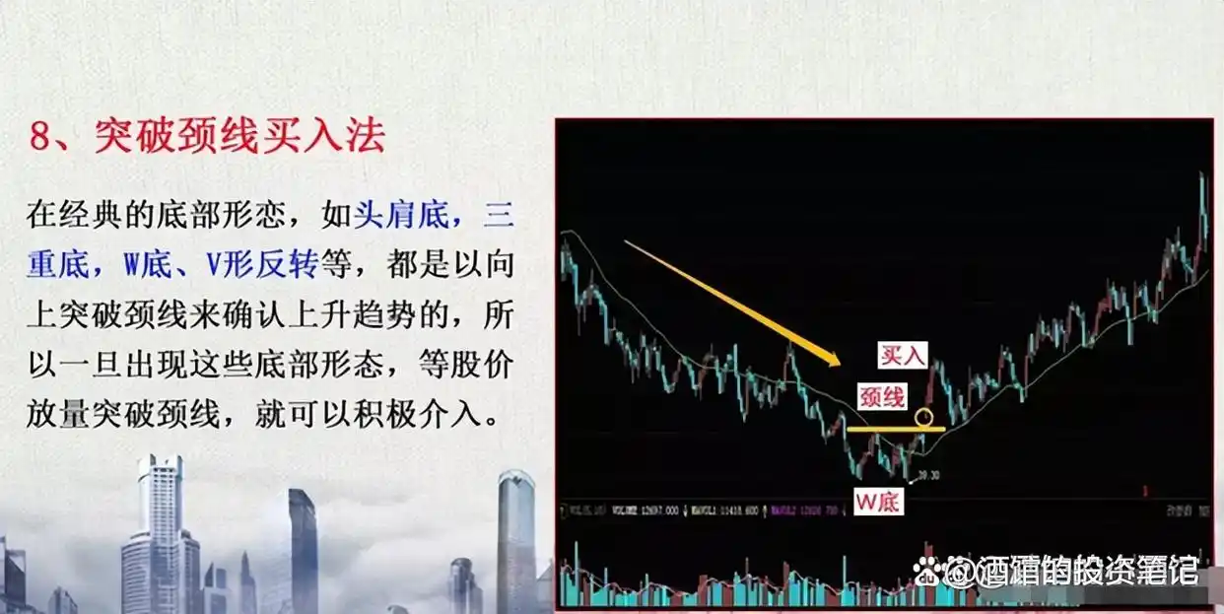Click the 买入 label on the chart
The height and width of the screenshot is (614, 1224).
tap(903, 356)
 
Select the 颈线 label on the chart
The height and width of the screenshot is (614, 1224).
tap(883, 396)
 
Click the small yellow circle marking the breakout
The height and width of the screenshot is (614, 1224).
tap(923, 417)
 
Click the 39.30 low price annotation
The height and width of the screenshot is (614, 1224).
tap(927, 476)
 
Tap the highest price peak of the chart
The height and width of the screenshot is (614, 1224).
tap(1201, 175)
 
